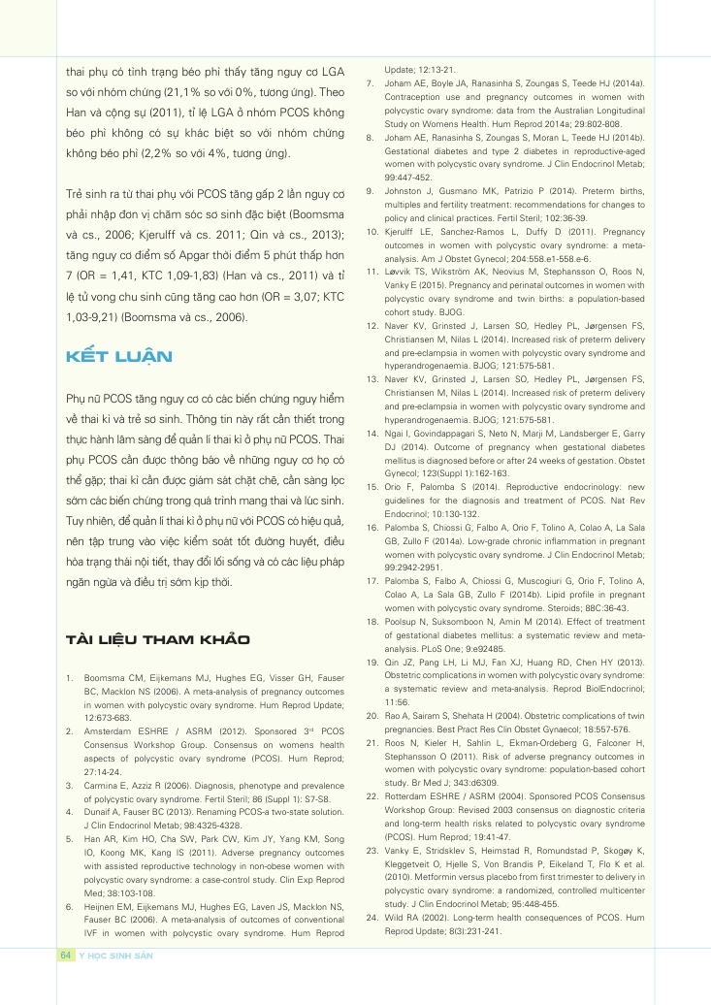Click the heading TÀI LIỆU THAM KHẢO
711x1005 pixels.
[156, 639]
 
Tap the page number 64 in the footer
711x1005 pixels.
[66, 956]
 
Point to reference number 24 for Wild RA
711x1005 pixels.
[372, 917]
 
